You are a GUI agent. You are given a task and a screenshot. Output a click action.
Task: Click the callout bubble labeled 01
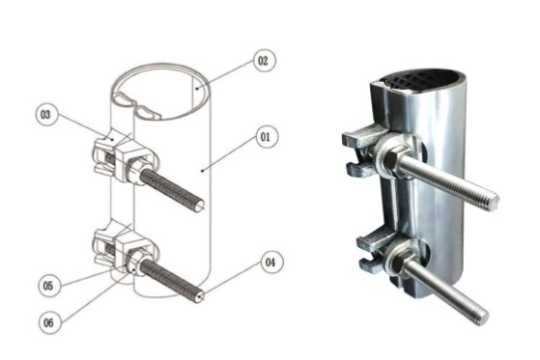click(263, 138)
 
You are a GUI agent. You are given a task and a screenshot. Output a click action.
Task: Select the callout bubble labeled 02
click(262, 61)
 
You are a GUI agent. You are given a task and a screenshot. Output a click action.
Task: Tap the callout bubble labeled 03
click(44, 116)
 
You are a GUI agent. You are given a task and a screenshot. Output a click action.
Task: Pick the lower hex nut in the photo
click(395, 262)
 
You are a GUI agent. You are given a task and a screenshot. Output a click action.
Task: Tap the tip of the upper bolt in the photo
click(493, 201)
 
